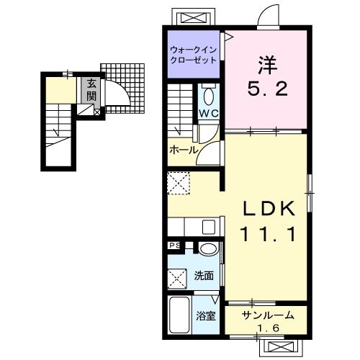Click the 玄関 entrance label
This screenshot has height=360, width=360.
point(91,90)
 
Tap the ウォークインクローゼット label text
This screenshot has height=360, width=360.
point(194,55)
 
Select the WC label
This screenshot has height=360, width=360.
point(209,113)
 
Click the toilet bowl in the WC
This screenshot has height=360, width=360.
point(209,96)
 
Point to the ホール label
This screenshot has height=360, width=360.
point(184,150)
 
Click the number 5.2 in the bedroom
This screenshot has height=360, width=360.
point(267,89)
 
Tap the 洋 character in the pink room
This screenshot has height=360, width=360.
point(268,65)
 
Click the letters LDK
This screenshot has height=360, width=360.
point(269,208)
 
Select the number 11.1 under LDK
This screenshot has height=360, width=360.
point(268,234)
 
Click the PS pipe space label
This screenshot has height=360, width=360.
point(175,246)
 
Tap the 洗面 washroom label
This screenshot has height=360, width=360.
point(204,276)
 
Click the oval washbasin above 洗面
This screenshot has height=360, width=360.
point(209,248)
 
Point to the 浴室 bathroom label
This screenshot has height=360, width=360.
point(205,316)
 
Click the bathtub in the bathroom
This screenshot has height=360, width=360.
point(179,315)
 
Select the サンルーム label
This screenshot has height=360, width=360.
point(268,315)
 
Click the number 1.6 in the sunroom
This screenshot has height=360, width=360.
point(268,328)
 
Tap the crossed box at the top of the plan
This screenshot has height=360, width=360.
point(194,17)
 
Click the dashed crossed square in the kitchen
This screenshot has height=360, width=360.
point(179,183)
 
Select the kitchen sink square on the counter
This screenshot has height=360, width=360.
point(209,227)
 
